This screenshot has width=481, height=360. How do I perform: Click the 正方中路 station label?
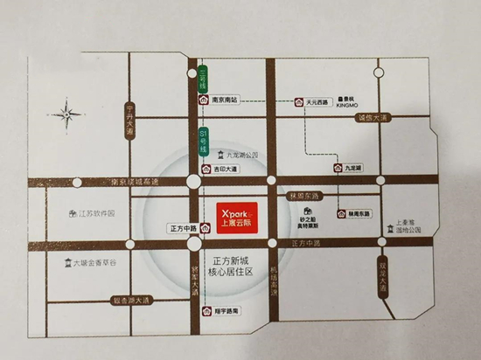tap(180, 228)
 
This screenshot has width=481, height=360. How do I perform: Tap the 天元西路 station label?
tap(315, 102)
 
